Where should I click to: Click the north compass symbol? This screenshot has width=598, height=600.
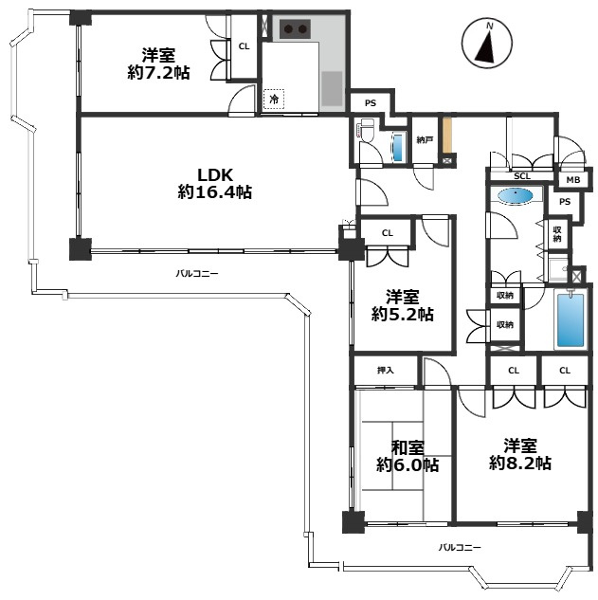point(486,45)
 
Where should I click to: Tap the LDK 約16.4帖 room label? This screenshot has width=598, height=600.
point(215,183)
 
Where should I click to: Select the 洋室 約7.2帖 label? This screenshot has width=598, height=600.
point(155,64)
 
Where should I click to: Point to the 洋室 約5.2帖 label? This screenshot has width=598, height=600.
point(403,304)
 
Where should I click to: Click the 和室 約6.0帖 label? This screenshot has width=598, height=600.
point(407,456)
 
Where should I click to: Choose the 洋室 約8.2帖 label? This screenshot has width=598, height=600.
point(520,453)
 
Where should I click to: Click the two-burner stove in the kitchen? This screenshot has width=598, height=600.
point(296,29)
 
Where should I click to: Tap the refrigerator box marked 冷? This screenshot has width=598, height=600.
point(274,99)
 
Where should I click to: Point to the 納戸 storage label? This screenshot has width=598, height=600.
point(426,140)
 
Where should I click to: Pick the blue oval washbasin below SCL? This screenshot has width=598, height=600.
point(515,196)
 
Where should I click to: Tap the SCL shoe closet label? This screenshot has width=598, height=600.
point(522,176)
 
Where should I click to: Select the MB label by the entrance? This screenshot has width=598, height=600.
point(572,180)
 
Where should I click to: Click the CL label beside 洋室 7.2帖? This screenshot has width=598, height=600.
point(244,45)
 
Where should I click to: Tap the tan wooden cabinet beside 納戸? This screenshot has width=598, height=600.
point(447,136)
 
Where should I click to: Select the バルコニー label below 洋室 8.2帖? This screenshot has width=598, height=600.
point(460,548)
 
